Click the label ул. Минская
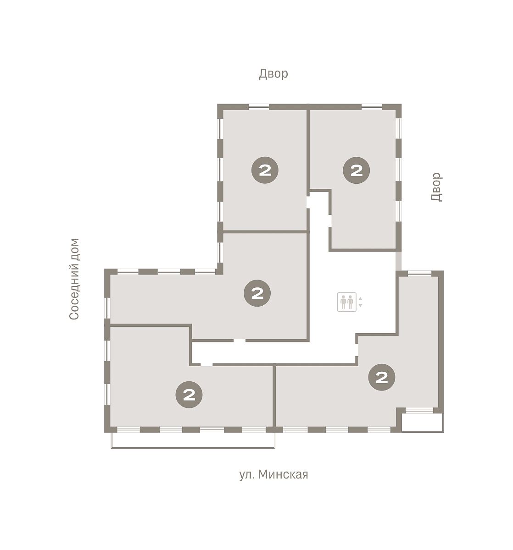(273, 474)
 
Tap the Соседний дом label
(74, 279)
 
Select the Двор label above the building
(273, 74)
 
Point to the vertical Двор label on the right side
(436, 187)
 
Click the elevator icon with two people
(346, 302)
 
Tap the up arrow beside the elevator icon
(360, 298)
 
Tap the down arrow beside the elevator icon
(360, 305)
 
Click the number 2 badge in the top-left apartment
(265, 170)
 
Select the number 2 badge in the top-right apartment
(357, 170)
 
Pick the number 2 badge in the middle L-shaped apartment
(257, 293)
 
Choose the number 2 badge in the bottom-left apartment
(189, 395)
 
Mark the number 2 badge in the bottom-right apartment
(382, 377)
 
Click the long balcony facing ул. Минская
(193, 440)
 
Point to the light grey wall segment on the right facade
(398, 261)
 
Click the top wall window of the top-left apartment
(259, 107)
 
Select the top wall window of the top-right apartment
(372, 107)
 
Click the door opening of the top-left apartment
(308, 202)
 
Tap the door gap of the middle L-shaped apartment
(240, 341)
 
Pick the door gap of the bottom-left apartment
(206, 365)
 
